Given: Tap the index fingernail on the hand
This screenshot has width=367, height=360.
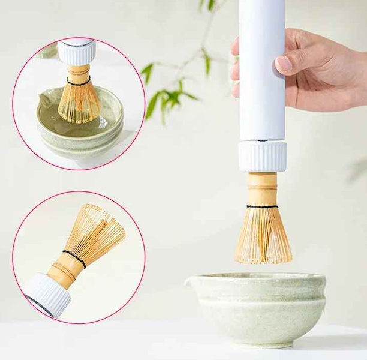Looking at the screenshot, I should (x=284, y=64).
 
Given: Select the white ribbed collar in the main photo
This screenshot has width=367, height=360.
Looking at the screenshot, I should (x=262, y=156).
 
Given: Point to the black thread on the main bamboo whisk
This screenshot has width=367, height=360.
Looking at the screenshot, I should (x=263, y=206).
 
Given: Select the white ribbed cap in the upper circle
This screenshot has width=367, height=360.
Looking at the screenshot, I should (x=76, y=53).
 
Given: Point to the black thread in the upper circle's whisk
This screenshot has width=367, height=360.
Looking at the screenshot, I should (x=79, y=82).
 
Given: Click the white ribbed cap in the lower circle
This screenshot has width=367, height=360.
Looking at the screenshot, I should (x=48, y=293).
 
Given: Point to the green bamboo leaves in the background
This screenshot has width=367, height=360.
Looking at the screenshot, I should (x=165, y=96).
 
